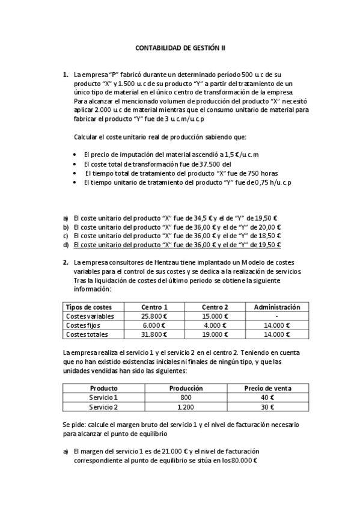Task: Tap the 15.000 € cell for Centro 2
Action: coord(215,316)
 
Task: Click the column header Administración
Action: coord(277,307)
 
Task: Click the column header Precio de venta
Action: coord(267,389)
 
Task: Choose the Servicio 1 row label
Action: coord(103,398)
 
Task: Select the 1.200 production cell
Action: coord(186,407)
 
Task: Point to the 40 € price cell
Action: coord(267,398)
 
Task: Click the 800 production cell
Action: coord(186,398)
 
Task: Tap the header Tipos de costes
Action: coord(89,307)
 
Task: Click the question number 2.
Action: coord(66,262)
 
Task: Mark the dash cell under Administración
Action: coord(276,316)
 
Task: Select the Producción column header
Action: coord(186,389)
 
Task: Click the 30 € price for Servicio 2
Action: coord(267,407)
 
